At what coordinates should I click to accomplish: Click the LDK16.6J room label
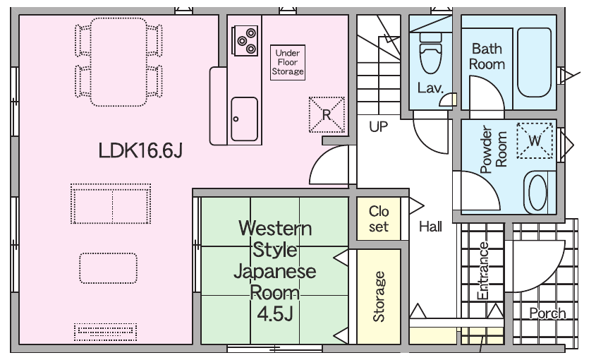tap(140, 150)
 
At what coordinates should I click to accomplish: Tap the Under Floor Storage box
tap(288, 62)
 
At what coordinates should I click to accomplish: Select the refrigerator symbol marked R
tap(327, 114)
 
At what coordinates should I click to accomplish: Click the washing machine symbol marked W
tap(535, 140)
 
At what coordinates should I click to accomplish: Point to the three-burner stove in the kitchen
tap(246, 40)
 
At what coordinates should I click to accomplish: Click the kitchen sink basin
tap(245, 119)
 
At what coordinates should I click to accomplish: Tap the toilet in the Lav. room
tap(431, 52)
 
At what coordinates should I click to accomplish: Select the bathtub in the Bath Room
tap(535, 62)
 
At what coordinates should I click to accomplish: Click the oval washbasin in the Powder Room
tap(537, 192)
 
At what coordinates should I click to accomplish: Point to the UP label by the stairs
tap(379, 127)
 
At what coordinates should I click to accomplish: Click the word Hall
tap(430, 227)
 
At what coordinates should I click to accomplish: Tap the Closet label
tap(379, 219)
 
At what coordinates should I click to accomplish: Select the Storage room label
tap(379, 297)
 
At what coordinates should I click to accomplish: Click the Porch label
tap(548, 313)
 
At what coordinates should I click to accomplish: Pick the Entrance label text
tap(483, 271)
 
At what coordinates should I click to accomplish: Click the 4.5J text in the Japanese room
tap(275, 314)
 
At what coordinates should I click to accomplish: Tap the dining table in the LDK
tap(118, 62)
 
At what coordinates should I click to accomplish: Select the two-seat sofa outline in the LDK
tap(111, 203)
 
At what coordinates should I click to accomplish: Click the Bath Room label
tap(487, 56)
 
